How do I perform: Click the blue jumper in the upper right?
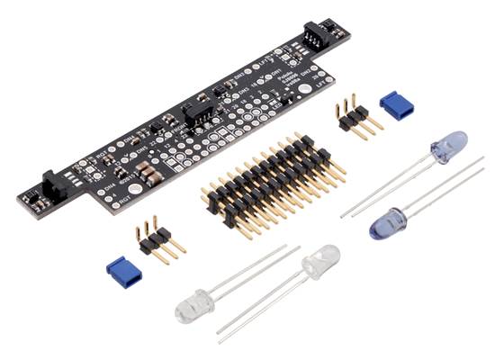(397, 104)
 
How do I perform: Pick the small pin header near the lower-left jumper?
(158, 240)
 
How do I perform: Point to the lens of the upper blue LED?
(449, 146)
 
